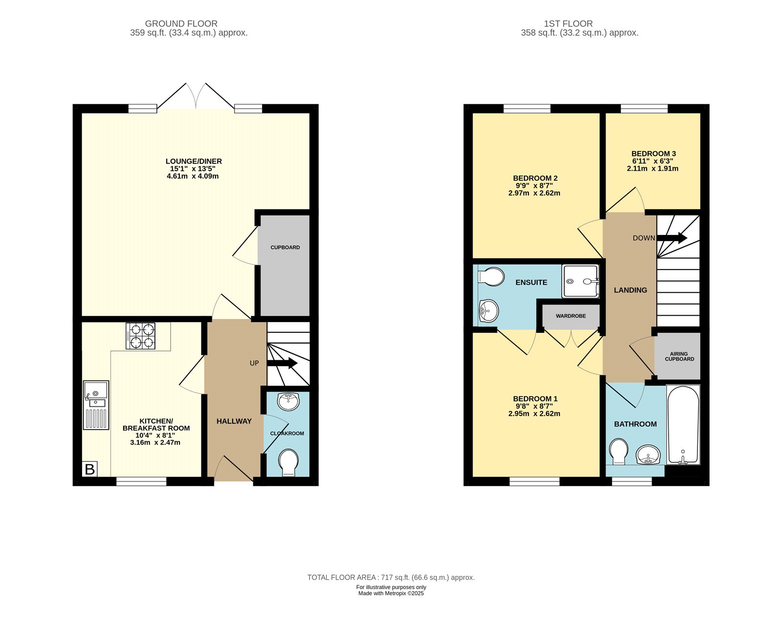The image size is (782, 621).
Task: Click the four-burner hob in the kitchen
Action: click(141, 336)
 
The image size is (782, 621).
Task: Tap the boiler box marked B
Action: click(90, 469)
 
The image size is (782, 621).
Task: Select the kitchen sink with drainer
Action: click(96, 405)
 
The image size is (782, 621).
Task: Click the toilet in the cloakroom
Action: click(288, 462)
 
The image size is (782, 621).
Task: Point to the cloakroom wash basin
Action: click(288, 402)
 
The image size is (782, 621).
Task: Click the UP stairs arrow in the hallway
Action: click(282, 363)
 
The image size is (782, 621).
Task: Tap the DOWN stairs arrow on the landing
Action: click(672, 238)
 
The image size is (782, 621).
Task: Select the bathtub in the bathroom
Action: click(683, 425)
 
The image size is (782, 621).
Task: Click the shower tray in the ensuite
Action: click(580, 281)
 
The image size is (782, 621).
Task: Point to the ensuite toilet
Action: click(491, 277)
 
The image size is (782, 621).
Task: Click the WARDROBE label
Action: click(570, 316)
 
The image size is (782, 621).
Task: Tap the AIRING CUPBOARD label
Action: click(679, 356)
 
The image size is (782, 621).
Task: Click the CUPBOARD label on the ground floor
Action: click(285, 248)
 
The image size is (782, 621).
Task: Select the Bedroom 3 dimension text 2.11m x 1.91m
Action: click(652, 169)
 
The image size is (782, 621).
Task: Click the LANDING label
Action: click(630, 290)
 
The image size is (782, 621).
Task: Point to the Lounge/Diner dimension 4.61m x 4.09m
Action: click(193, 176)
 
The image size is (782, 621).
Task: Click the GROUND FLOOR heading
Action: click(181, 23)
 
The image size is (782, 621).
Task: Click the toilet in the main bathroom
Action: click(618, 452)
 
